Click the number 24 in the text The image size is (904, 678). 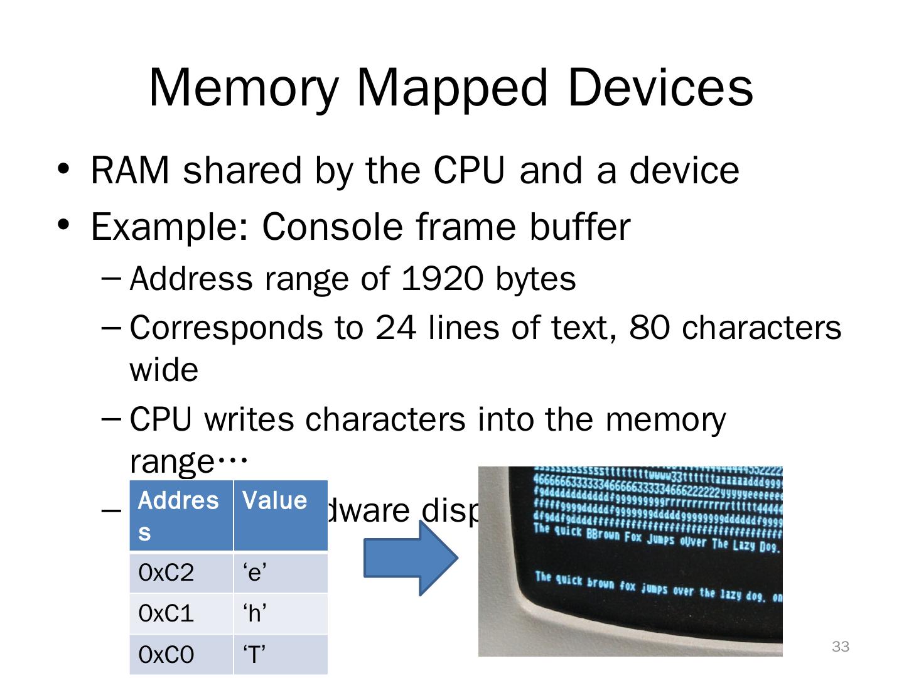point(395,327)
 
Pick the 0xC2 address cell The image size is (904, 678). point(181,573)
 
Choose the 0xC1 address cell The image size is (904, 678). point(181,613)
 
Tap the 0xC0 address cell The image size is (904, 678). point(181,655)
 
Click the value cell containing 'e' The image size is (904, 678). point(280,573)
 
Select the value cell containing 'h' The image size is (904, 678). point(280,613)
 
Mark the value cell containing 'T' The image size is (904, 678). point(280,655)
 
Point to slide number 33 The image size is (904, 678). point(840,647)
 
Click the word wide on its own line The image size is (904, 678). point(164,370)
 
